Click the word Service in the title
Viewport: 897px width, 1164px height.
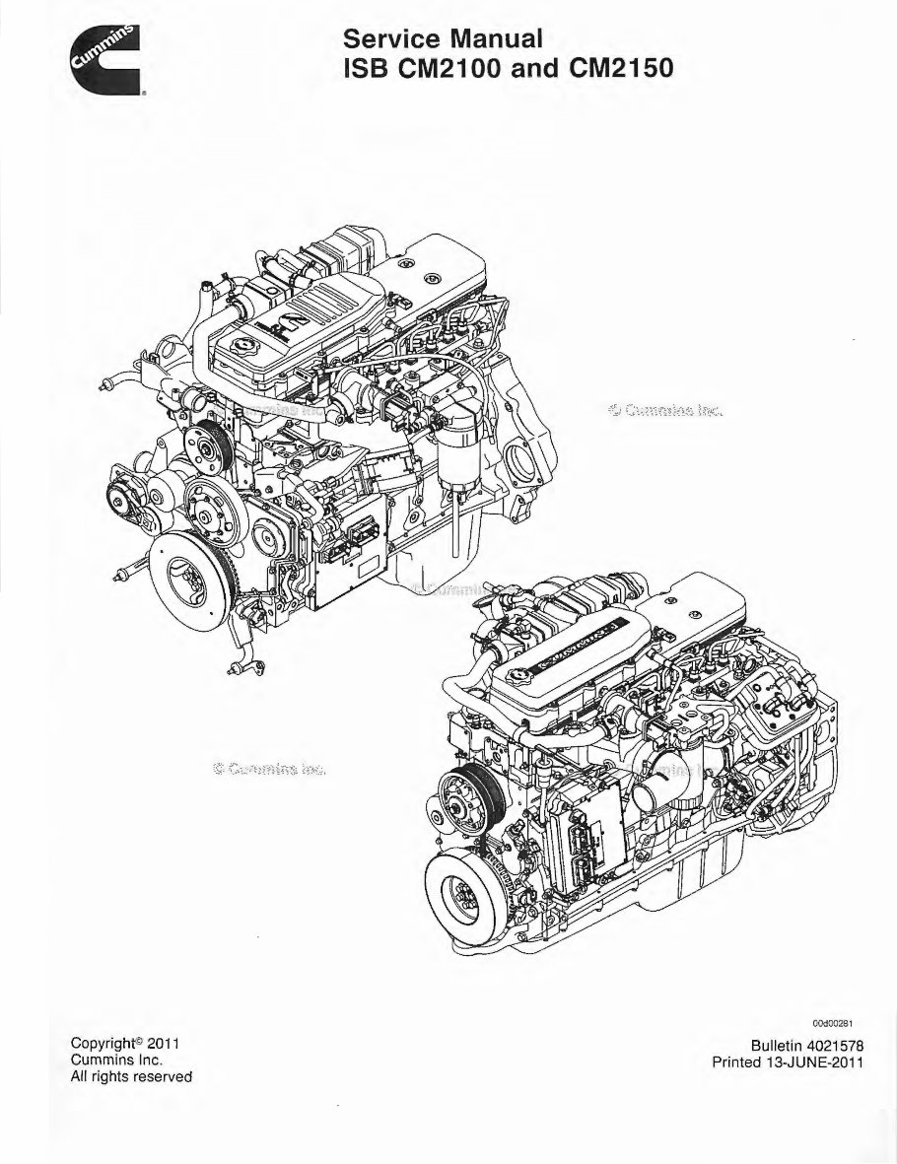tap(390, 40)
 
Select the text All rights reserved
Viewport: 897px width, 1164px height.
tap(131, 1077)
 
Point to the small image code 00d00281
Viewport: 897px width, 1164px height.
tap(841, 1023)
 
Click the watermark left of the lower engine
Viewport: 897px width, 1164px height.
tap(268, 768)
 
